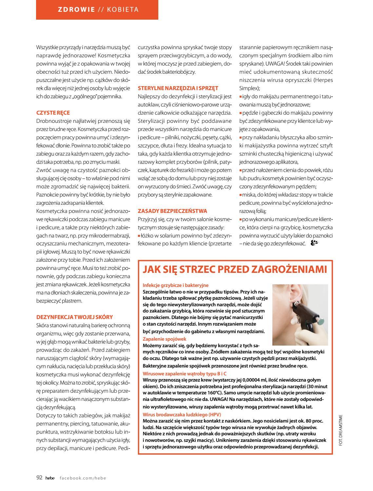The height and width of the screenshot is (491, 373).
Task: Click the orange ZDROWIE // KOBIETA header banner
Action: pos(97,9)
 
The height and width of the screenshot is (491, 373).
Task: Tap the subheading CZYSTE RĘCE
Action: pos(53,113)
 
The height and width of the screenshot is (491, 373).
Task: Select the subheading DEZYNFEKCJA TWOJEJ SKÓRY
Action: pos(74,317)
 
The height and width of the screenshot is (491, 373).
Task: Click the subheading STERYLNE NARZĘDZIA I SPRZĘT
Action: pos(178,88)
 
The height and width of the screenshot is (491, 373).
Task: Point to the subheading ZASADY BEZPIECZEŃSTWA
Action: pos(172,211)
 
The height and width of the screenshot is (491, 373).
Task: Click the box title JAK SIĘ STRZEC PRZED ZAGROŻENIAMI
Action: pos(235,269)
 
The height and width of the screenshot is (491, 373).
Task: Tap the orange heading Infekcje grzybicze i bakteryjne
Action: pos(176,285)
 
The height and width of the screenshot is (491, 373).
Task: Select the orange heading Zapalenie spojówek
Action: pos(165,339)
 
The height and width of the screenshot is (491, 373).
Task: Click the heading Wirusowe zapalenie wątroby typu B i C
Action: pos(185,373)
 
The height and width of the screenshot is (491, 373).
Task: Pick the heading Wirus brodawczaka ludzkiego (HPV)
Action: pos(180,414)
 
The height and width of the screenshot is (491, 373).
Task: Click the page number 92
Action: pos(39,478)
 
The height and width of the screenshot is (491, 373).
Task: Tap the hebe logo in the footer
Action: pos(50,478)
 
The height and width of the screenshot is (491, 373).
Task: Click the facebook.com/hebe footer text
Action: pos(83,478)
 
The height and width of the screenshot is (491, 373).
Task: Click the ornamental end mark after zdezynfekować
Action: pos(314,243)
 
